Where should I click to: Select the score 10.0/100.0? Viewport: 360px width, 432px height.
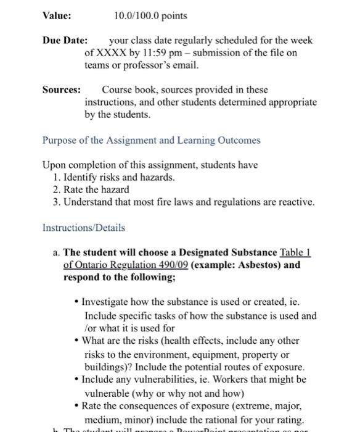[136, 15]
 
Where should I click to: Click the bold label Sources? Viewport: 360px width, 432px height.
[61, 89]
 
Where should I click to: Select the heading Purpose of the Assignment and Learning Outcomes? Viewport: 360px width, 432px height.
[151, 140]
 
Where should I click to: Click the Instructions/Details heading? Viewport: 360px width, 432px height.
[83, 228]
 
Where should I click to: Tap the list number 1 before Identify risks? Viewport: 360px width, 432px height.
[56, 177]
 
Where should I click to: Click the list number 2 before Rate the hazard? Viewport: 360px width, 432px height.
[56, 189]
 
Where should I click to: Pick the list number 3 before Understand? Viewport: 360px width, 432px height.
[56, 202]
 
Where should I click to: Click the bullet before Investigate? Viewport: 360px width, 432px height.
[76, 304]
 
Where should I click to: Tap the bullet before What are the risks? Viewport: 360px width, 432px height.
[76, 341]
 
